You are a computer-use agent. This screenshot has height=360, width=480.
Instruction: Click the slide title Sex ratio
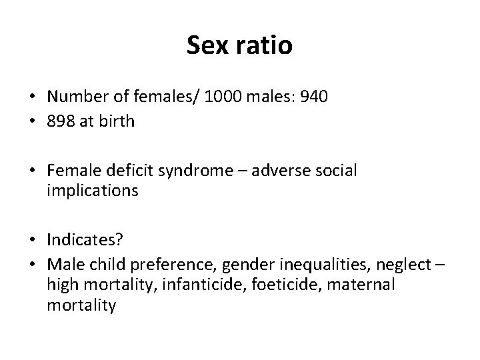click(239, 46)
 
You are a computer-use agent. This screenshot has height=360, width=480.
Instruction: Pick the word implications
click(93, 191)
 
